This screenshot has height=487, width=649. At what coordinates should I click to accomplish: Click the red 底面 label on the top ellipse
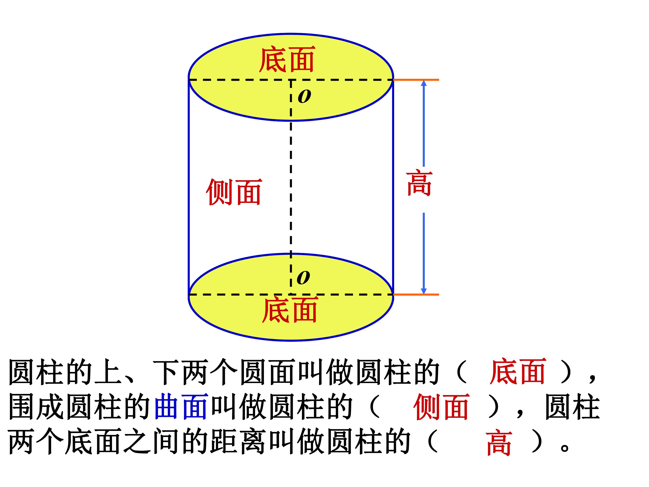(x=287, y=59)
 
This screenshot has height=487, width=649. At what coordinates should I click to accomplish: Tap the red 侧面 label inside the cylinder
(x=234, y=192)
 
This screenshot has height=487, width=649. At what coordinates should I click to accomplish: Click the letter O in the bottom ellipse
(x=303, y=277)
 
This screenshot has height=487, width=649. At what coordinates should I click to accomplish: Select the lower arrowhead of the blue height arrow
(x=424, y=291)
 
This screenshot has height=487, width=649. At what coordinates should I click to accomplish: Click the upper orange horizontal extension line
(x=416, y=80)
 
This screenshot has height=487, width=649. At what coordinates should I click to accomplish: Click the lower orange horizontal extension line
(x=416, y=294)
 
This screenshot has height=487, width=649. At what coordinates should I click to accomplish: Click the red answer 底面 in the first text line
(x=518, y=371)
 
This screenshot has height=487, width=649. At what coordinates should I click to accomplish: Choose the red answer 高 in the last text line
(x=499, y=443)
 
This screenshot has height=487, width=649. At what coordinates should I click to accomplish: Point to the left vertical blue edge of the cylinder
(x=189, y=188)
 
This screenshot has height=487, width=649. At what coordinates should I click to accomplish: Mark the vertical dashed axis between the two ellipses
(x=291, y=187)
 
